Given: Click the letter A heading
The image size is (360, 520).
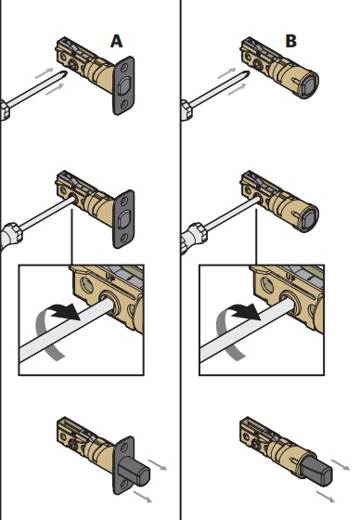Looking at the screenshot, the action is [x=116, y=42].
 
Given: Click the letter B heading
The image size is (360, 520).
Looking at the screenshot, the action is [x=290, y=42].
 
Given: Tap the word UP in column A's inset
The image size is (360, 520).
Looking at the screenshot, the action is [x=110, y=278].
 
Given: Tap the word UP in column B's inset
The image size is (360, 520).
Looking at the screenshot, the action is [x=290, y=278].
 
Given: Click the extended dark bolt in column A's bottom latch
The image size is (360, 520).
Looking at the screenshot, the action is [x=134, y=470].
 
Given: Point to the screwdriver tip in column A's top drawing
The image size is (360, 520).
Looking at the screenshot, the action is [x=65, y=73].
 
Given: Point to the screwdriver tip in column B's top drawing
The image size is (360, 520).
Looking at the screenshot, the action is [x=248, y=73].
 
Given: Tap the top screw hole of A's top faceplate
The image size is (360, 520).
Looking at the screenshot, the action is [x=123, y=69].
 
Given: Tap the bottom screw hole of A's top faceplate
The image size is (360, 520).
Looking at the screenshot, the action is [x=124, y=104].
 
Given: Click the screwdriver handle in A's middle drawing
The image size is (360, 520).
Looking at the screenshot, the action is [x=11, y=235].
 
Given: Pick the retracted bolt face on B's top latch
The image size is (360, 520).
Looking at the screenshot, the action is [x=308, y=86].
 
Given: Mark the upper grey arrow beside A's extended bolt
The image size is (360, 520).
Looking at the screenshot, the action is [x=157, y=464].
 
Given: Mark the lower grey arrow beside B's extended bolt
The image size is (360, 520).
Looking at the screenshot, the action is [x=326, y=497].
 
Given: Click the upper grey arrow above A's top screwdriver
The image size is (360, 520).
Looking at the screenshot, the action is [x=45, y=73].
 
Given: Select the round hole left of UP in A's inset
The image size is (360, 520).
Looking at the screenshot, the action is [x=87, y=285].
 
